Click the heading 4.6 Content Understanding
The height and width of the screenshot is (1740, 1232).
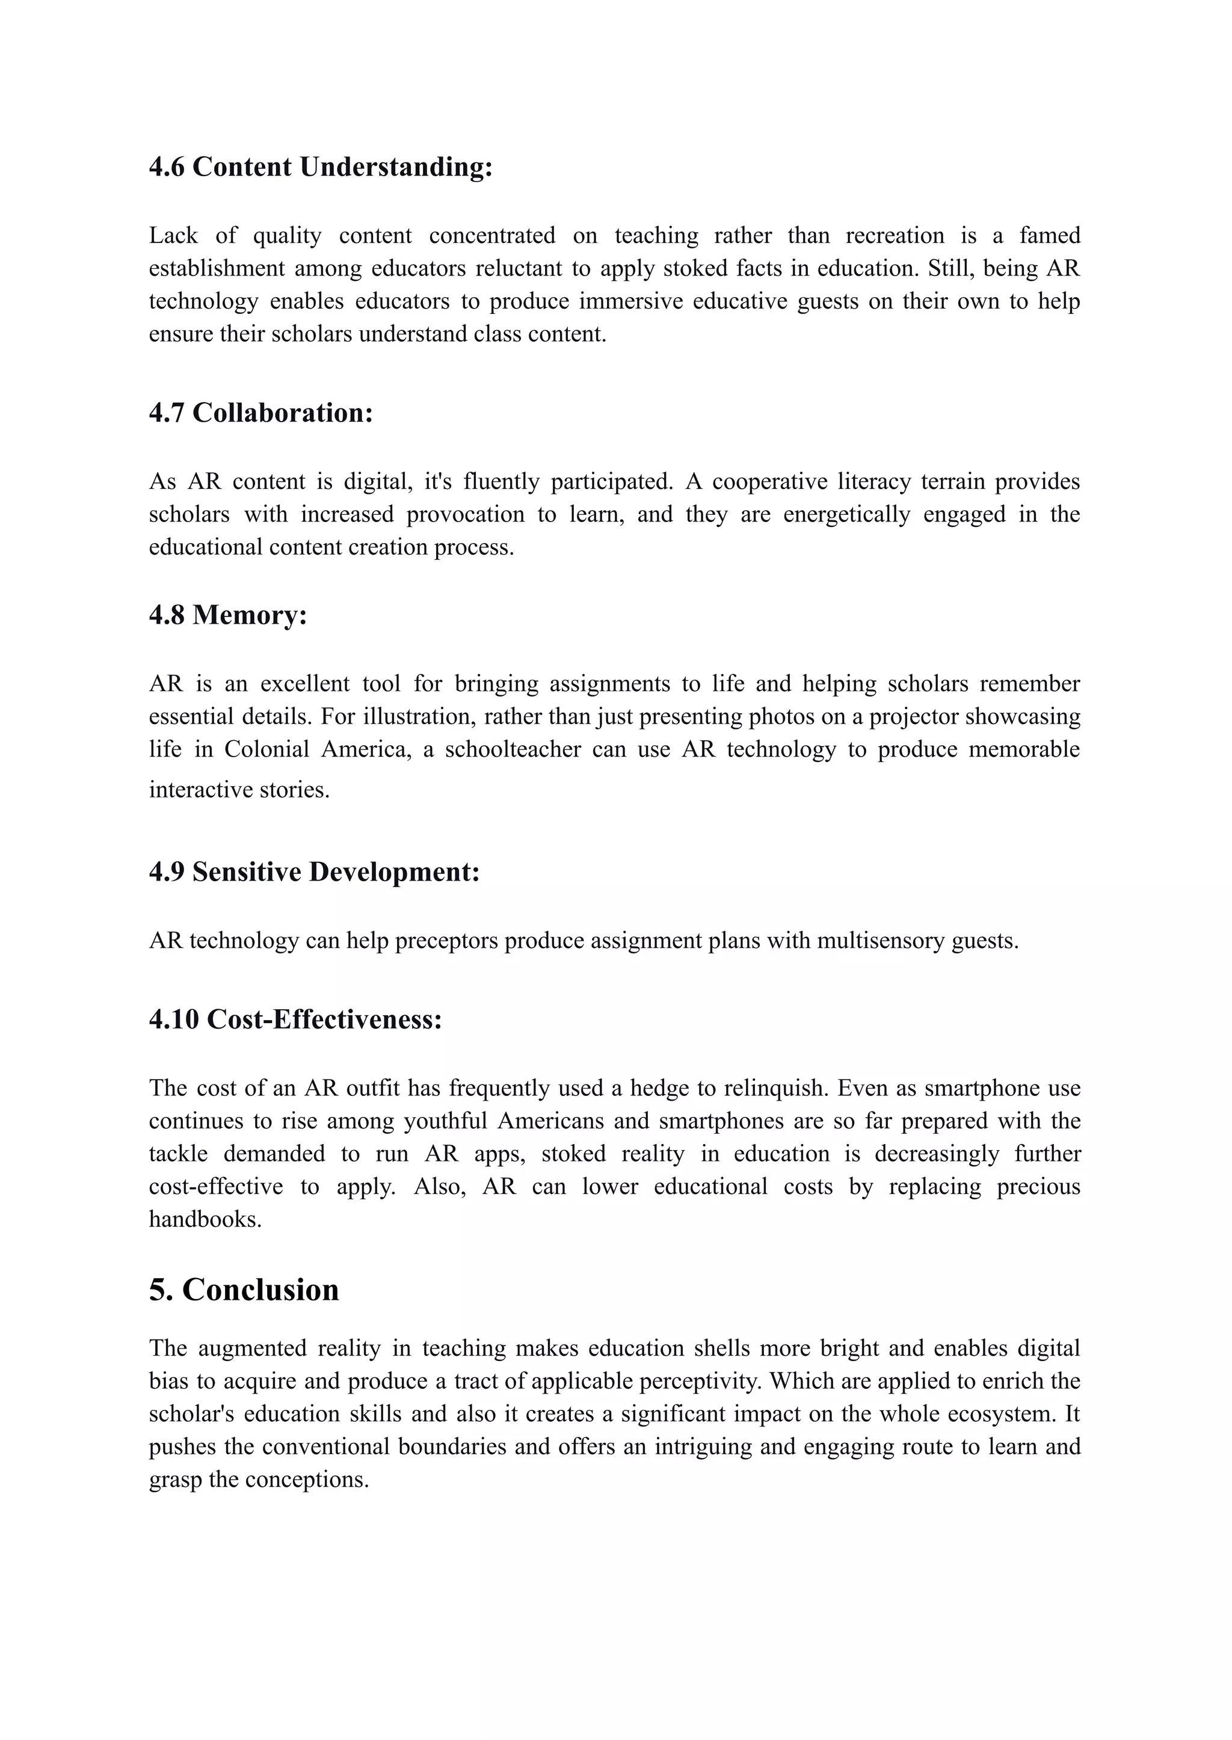coord(320,167)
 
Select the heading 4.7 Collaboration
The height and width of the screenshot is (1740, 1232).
coord(261,413)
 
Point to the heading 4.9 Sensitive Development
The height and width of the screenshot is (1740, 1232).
coord(314,872)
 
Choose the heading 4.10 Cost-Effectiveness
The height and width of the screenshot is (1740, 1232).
coord(295,1019)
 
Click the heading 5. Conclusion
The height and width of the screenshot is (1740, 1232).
coord(244,1290)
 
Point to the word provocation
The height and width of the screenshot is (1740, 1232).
coord(465,514)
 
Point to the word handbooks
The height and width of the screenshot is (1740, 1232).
coord(205,1220)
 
